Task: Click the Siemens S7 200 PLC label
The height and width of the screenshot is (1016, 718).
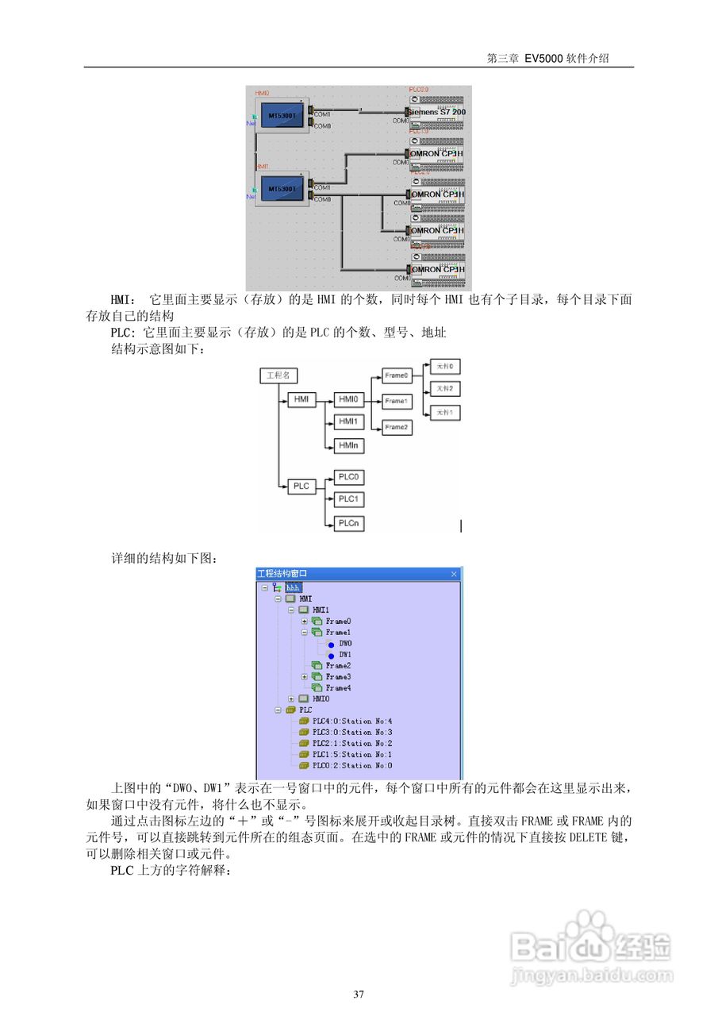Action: pos(437,113)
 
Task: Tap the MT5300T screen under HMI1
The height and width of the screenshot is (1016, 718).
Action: pos(282,189)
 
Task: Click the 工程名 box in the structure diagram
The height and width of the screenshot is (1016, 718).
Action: pos(278,375)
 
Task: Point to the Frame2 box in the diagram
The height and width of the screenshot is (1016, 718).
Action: pos(397,428)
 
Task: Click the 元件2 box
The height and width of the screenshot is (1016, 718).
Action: pos(444,389)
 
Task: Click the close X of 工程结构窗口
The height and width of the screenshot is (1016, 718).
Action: pos(454,574)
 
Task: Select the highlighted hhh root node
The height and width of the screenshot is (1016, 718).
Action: pos(294,587)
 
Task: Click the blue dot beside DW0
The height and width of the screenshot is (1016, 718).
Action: pos(331,644)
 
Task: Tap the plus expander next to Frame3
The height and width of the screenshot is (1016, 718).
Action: pos(305,677)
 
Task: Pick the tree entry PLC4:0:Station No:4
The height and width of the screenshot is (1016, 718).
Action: pos(351,721)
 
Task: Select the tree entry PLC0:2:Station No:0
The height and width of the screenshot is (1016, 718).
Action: pos(351,766)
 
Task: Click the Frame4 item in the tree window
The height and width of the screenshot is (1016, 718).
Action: pos(337,688)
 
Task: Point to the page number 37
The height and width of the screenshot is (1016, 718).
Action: pos(359,994)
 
